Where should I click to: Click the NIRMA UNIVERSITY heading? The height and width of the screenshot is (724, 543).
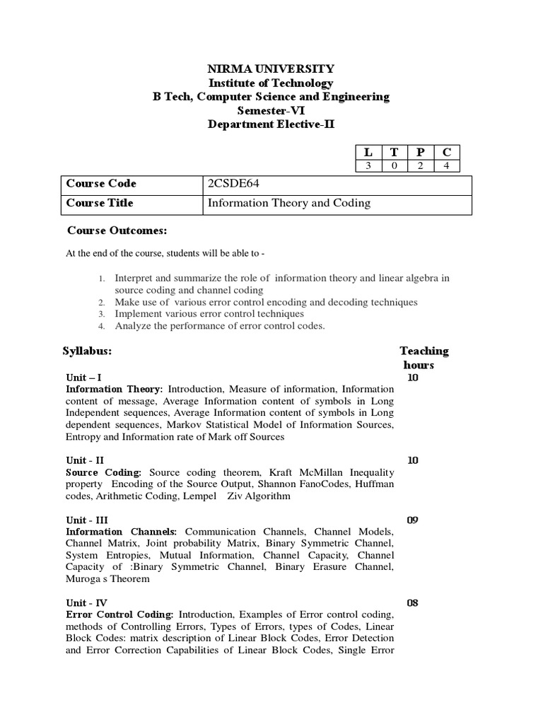click(x=271, y=69)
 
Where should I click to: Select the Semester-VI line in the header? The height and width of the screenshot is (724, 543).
click(x=271, y=110)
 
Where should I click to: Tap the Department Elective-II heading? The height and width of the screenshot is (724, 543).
click(x=271, y=124)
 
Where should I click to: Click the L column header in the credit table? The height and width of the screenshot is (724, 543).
click(x=367, y=152)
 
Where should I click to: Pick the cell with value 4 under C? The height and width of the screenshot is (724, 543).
click(x=447, y=166)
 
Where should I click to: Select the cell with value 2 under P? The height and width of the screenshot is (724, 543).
click(x=420, y=166)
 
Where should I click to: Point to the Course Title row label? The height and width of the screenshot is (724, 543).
click(x=100, y=203)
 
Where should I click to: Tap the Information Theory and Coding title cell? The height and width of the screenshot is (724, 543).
click(x=288, y=203)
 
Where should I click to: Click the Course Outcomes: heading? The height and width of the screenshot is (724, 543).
click(x=117, y=230)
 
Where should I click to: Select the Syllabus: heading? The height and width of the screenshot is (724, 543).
click(x=87, y=351)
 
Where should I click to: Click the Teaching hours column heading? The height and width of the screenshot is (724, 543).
click(x=424, y=358)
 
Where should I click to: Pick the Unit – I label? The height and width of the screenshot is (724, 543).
click(x=83, y=378)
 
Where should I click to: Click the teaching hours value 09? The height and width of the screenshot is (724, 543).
click(x=413, y=520)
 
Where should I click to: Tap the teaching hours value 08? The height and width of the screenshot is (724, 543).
click(x=413, y=603)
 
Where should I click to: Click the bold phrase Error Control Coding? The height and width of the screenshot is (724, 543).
click(x=119, y=615)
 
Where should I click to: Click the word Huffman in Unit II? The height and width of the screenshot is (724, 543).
click(x=375, y=484)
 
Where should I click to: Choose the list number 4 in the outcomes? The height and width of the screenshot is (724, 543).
click(x=102, y=326)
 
